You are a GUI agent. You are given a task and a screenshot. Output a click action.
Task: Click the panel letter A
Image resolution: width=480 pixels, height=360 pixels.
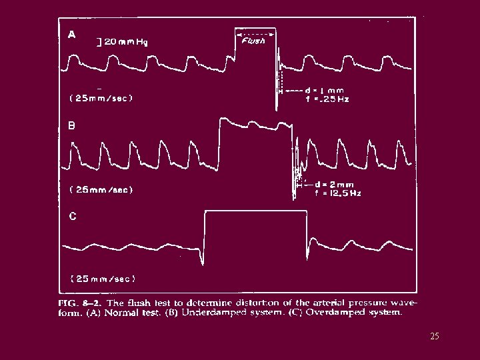coord(72,35)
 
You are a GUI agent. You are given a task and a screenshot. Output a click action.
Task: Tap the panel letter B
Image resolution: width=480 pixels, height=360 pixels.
coord(72,125)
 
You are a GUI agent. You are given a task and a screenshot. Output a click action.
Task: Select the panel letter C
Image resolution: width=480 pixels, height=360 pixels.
coord(73,216)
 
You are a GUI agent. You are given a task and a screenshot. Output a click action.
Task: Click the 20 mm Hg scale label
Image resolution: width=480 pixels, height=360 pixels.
coord(123,41)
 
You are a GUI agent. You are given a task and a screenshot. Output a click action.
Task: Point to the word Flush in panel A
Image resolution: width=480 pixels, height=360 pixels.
coord(253,41)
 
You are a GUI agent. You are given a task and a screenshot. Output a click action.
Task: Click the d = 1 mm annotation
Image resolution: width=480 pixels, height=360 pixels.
coord(324,90)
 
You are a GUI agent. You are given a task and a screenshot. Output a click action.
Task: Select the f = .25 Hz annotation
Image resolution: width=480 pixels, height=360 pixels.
coord(327,99)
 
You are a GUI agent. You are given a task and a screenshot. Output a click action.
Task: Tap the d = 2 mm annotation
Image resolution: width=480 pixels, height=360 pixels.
coord(333,185)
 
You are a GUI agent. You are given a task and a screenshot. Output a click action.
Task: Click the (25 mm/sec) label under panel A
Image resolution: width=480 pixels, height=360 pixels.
coord(101,98)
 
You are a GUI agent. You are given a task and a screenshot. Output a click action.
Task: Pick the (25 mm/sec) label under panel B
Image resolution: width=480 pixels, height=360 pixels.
coord(101,189)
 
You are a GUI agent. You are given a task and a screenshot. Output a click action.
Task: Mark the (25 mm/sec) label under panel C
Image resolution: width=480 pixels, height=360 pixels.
coord(103,278)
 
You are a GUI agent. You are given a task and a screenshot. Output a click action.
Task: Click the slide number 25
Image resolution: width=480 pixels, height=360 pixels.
coord(435,337)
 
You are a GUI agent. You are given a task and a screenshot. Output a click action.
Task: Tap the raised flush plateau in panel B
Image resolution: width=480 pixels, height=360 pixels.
coord(257,124)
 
